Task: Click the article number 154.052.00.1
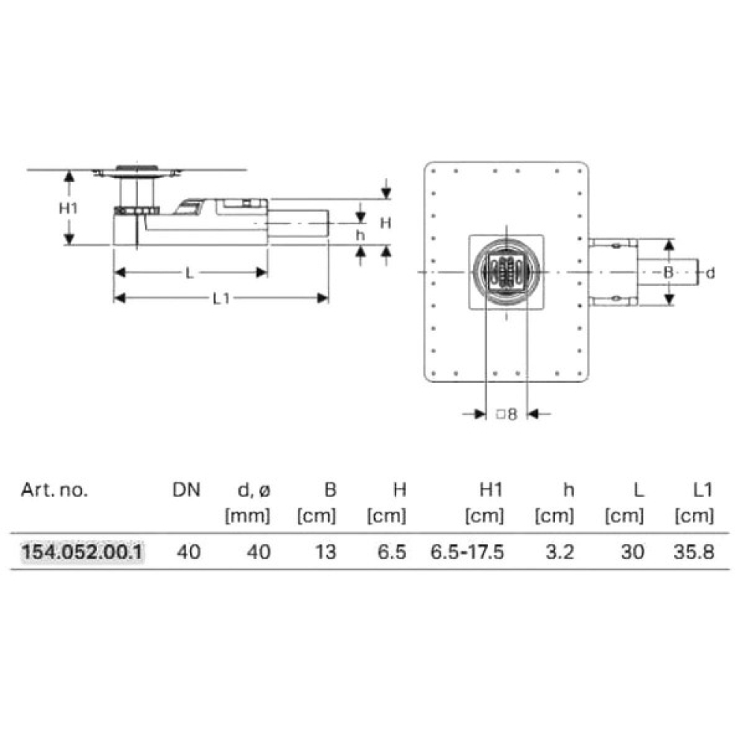coord(82,552)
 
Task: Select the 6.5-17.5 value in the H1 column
coord(467,552)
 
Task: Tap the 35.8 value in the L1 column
coord(694,552)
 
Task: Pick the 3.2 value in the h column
coord(560,552)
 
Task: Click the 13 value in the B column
coord(326,552)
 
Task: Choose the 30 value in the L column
coord(633,552)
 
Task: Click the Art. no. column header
coord(54,489)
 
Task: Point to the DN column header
coord(186,489)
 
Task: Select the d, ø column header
coord(254,490)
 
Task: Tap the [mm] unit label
coord(247,516)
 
